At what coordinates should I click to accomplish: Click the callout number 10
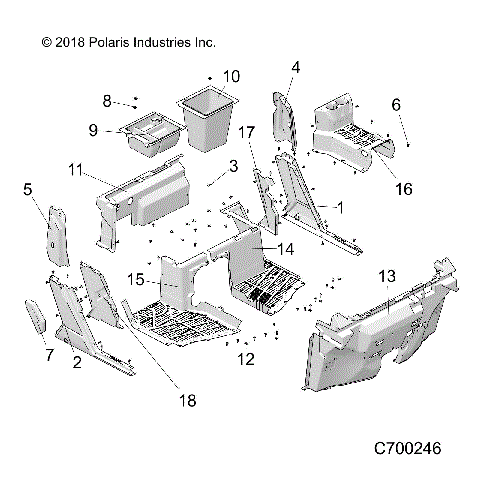point(231,76)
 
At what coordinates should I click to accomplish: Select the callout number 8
point(107,100)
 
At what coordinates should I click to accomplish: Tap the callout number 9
point(92,130)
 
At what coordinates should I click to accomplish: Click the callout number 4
point(296,67)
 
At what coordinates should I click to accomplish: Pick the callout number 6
point(396,104)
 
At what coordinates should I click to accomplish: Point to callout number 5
point(27,187)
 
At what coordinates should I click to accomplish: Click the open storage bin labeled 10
point(208,120)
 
